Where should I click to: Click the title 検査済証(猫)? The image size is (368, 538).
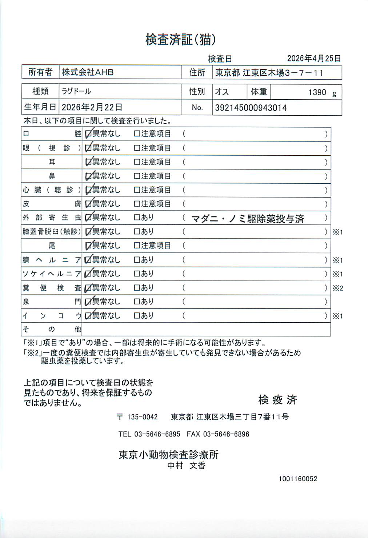click(181, 39)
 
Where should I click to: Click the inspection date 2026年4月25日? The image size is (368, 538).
click(313, 59)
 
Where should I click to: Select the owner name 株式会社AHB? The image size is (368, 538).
click(88, 72)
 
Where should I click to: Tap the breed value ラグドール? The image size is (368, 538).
click(76, 91)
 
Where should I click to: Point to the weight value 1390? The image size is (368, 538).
click(317, 92)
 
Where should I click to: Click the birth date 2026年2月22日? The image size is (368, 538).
click(92, 107)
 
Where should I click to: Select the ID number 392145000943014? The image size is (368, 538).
click(251, 108)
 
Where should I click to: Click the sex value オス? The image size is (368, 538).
click(222, 92)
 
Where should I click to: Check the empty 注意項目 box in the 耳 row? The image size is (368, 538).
click(137, 162)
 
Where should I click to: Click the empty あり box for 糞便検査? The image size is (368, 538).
click(137, 288)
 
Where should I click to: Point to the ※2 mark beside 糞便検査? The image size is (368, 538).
click(337, 288)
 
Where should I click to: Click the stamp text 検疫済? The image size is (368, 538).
click(277, 399)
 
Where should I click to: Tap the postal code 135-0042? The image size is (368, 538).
click(142, 417)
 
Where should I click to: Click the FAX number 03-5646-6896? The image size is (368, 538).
click(226, 434)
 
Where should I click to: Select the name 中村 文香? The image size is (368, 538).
click(186, 465)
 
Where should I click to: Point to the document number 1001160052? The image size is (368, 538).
click(298, 479)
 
